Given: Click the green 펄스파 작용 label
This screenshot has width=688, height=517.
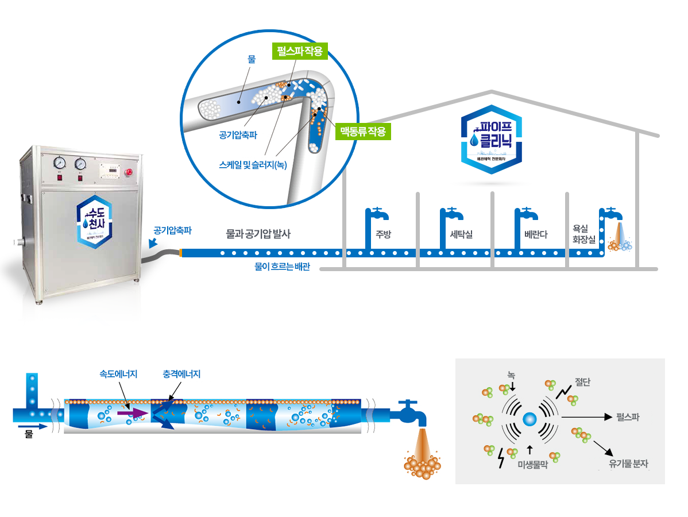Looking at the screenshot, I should [x=299, y=51].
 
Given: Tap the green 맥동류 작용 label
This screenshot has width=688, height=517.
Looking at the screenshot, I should [x=362, y=130].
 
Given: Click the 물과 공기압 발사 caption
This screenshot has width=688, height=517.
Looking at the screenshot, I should [x=258, y=234].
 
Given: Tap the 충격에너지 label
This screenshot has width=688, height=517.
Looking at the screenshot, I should [x=181, y=374].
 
